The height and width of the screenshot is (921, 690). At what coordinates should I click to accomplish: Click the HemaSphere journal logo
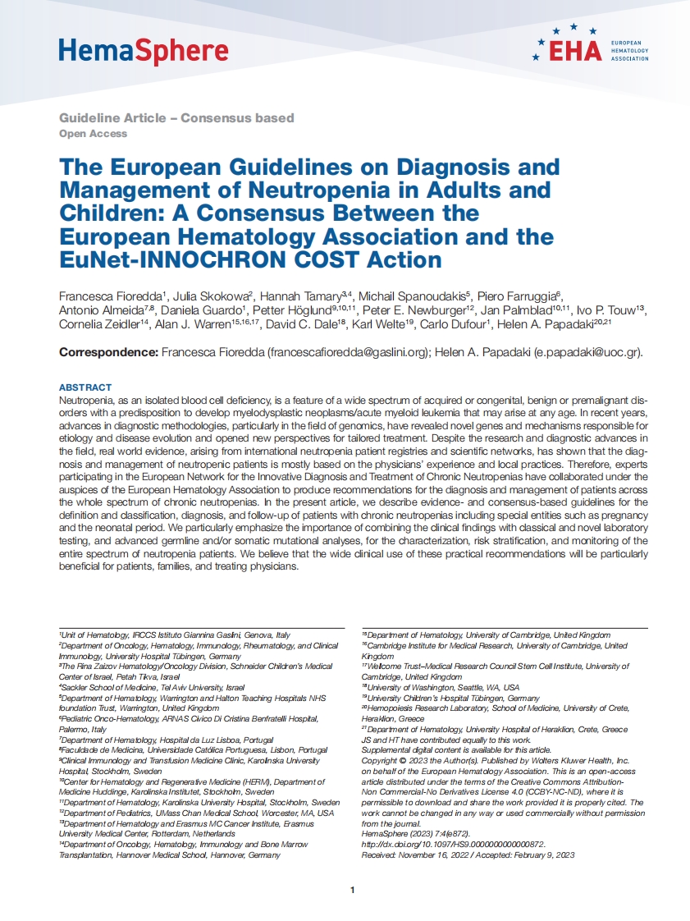click(x=143, y=52)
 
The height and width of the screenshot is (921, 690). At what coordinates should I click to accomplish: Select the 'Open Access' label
click(x=93, y=133)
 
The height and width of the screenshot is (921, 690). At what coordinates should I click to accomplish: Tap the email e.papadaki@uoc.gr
click(x=586, y=352)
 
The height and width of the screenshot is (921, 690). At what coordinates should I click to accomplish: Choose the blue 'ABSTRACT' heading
click(x=85, y=387)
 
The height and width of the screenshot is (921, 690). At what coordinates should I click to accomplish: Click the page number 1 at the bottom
click(x=352, y=890)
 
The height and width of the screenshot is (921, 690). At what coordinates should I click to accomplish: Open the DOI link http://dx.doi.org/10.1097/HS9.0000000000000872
click(x=454, y=843)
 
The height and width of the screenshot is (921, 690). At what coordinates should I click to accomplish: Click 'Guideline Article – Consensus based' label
click(x=176, y=118)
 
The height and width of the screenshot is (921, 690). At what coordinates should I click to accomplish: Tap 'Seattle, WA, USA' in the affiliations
click(x=482, y=687)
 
